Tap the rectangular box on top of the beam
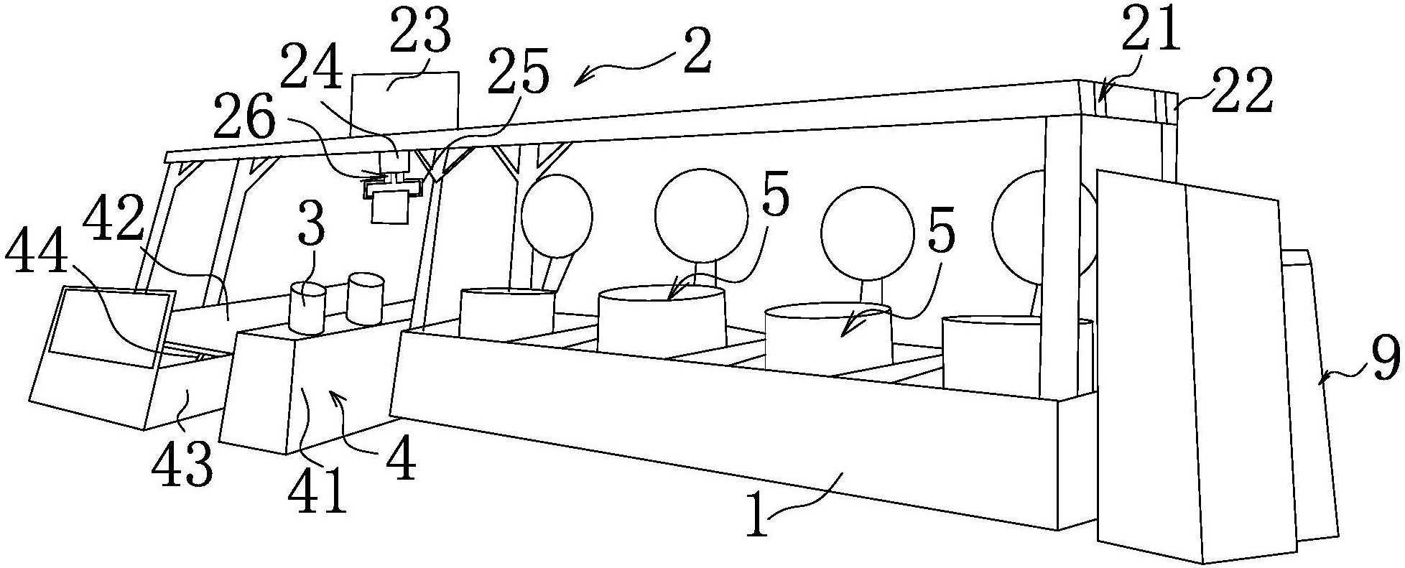coord(404,101)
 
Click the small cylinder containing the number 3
coord(307,307)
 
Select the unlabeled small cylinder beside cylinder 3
coord(366,297)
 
